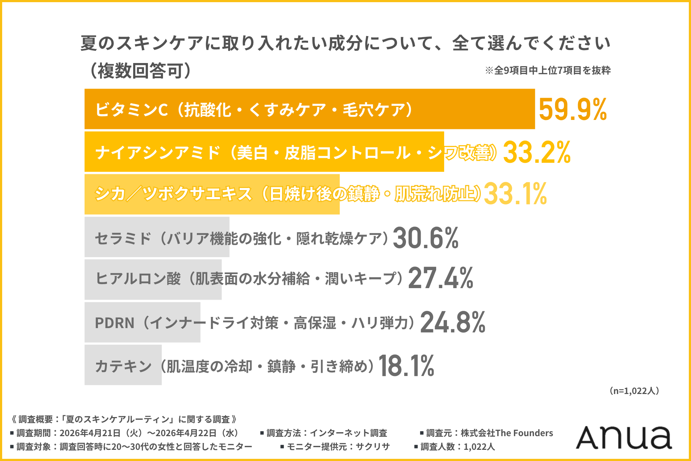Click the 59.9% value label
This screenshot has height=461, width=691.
point(573,109)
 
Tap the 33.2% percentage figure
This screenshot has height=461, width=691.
point(537,152)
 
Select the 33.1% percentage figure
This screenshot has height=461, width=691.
point(515,194)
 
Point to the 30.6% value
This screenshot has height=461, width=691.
point(426,238)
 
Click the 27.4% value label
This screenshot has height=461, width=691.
point(441,278)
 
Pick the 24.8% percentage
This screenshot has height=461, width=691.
point(453,322)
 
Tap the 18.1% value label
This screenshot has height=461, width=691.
point(406,366)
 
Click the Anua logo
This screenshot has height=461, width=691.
point(624,437)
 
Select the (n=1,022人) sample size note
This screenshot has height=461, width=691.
point(634,391)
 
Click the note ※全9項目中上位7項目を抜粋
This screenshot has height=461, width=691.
point(548,70)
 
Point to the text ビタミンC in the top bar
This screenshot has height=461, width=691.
point(131,109)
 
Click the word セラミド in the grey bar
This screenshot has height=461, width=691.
point(123,238)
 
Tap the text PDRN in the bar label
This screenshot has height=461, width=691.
point(114,323)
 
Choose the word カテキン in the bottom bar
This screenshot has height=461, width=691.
point(123,366)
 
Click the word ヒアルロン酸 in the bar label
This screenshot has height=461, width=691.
point(138,278)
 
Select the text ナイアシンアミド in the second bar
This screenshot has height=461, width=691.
point(158,152)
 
